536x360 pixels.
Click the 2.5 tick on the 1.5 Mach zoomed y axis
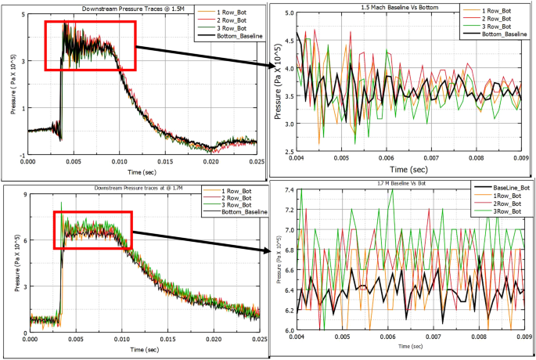[x=287, y=151]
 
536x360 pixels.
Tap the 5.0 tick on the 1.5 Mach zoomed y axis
[x=287, y=13]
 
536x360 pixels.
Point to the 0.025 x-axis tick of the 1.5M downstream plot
[x=257, y=161]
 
